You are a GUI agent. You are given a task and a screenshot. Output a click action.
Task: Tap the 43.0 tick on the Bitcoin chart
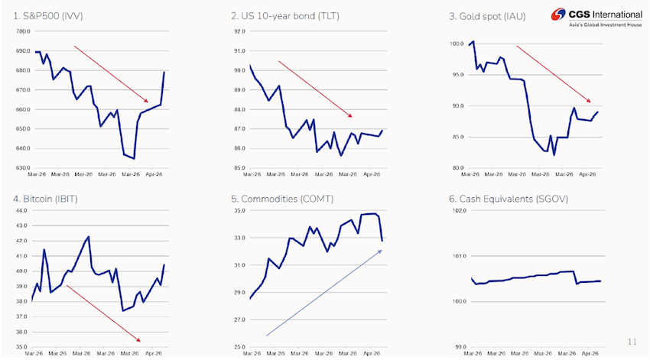click(22, 210)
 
